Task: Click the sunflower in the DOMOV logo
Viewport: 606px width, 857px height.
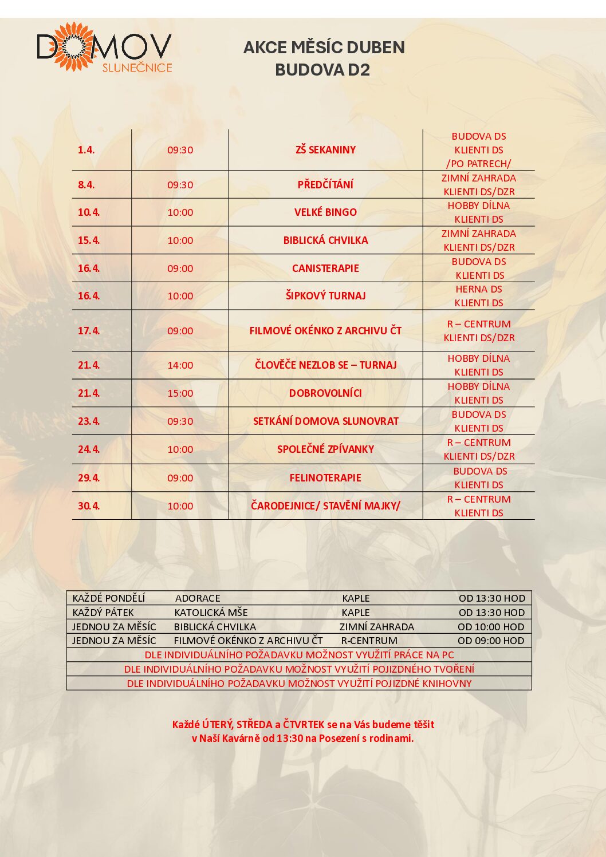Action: [73, 46]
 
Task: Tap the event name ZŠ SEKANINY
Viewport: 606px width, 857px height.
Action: [325, 150]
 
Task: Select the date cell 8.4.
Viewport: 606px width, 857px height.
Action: [86, 185]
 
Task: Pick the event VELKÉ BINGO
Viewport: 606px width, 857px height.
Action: [325, 212]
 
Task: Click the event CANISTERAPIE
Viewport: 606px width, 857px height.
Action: [325, 268]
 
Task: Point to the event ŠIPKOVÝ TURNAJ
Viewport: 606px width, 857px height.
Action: [325, 296]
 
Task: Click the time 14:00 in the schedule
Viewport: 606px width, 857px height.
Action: [180, 365]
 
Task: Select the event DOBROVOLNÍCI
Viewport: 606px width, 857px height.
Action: [325, 393]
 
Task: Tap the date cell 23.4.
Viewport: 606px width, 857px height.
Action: [89, 421]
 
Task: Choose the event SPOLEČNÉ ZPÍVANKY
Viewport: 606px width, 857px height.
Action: [325, 449]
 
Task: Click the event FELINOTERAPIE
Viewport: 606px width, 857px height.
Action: [325, 478]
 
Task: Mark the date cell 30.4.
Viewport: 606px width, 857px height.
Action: [89, 506]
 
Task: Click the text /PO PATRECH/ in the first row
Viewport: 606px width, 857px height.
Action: [479, 164]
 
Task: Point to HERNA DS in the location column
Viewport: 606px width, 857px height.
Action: [479, 290]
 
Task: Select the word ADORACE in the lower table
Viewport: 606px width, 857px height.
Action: [198, 598]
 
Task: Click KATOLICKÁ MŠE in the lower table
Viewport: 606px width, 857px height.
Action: [211, 613]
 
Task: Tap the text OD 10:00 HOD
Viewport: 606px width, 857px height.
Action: [491, 627]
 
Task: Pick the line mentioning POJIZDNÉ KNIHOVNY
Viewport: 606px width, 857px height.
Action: [299, 684]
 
